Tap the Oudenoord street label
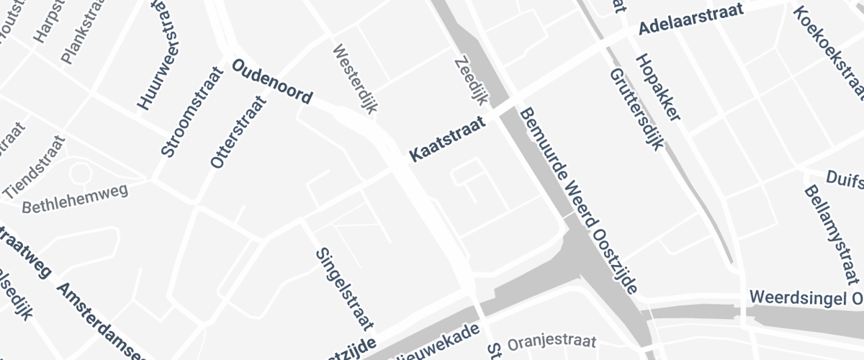pos(272,82)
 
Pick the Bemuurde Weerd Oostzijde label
pos(579,201)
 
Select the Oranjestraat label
pos(552,341)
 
